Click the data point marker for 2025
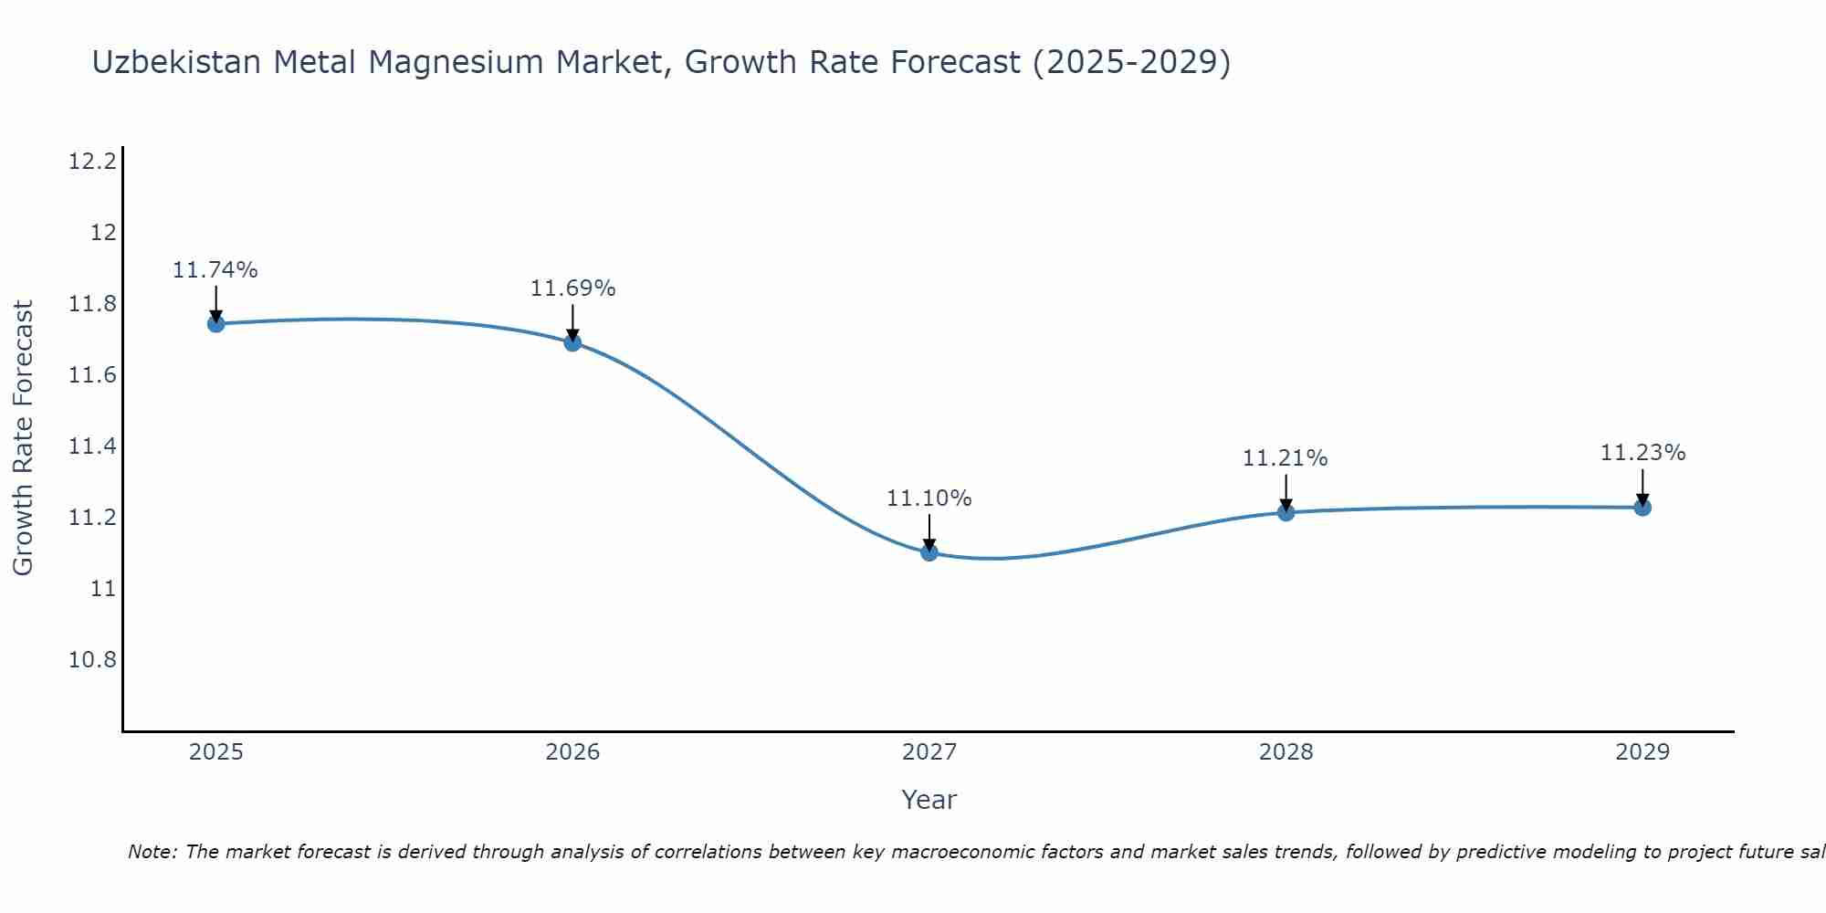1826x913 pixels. click(215, 323)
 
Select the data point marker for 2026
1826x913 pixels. click(572, 342)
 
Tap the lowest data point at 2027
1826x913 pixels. click(929, 552)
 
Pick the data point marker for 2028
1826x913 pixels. click(1286, 512)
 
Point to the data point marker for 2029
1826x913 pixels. click(1642, 508)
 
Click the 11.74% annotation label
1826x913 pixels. click(215, 270)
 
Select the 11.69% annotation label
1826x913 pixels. click(572, 289)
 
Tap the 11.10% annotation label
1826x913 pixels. click(929, 498)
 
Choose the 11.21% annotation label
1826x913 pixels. click(1285, 458)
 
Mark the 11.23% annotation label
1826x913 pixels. click(1642, 453)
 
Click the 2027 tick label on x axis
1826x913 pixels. click(929, 752)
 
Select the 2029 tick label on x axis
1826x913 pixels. click(1642, 752)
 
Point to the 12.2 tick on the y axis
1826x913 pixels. click(92, 162)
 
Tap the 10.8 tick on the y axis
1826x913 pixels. click(92, 660)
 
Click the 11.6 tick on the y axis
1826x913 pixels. click(92, 375)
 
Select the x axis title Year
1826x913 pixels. click(929, 800)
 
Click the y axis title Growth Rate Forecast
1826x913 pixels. click(23, 438)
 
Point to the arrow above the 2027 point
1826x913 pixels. click(929, 531)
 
